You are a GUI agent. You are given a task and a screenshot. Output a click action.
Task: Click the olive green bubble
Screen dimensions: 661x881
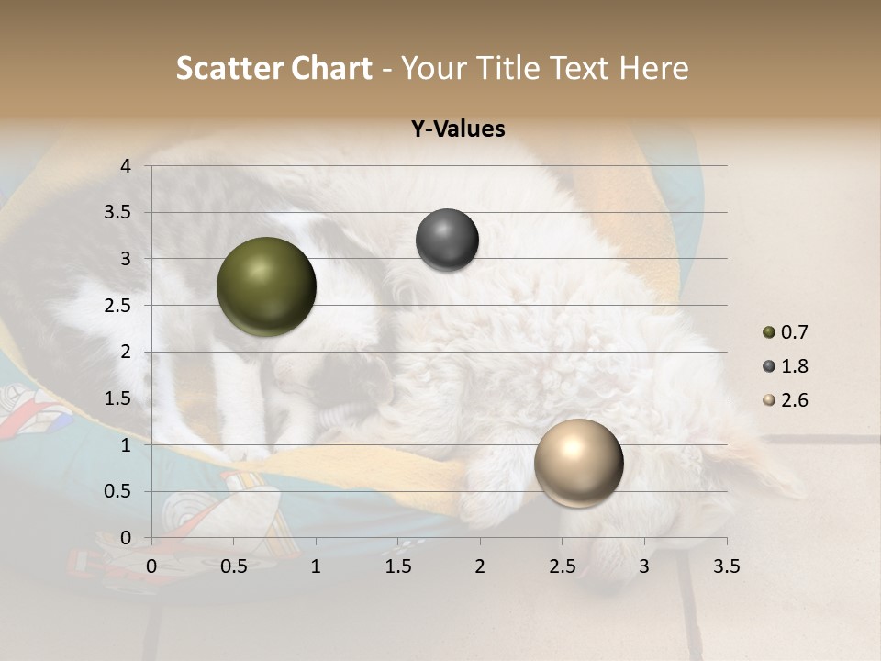coord(266,286)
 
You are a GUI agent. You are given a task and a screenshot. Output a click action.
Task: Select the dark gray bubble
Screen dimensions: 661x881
coord(447,240)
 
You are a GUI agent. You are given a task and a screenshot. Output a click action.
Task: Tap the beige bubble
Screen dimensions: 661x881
coord(578,463)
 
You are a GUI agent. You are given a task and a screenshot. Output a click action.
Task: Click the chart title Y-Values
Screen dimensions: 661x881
coord(458,129)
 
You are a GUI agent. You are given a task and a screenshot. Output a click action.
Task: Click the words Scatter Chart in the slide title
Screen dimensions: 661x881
coord(273,69)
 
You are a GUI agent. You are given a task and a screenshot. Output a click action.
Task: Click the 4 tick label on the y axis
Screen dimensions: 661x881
coord(126,166)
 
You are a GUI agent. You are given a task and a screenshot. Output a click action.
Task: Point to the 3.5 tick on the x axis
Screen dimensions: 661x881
coord(726,566)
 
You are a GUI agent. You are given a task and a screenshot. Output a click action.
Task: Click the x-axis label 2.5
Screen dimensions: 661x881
coord(562,566)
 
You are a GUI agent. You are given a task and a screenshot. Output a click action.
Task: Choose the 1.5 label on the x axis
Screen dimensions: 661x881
coord(397,566)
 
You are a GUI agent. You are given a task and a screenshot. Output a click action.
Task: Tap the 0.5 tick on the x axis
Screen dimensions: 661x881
coord(233,566)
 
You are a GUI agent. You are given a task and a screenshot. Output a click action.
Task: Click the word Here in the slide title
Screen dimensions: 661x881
coord(652,69)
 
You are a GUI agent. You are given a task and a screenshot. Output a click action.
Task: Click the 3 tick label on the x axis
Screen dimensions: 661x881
coord(643,566)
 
